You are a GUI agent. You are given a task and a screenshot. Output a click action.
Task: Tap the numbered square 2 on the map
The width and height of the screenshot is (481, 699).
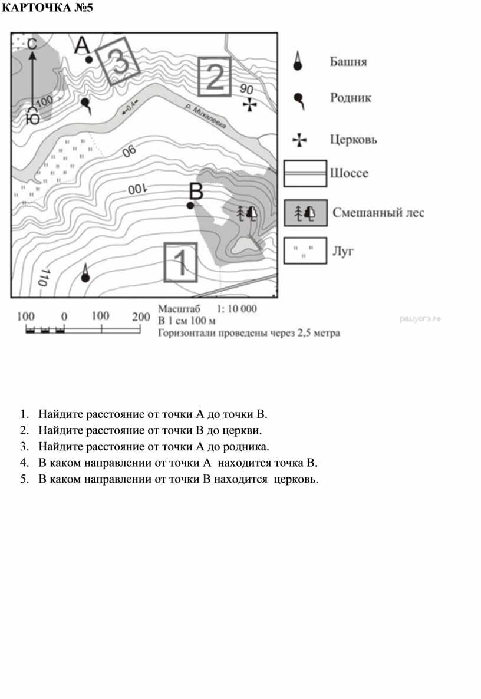coord(214,77)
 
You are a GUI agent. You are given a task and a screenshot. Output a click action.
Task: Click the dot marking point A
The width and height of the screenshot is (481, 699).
coord(88,60)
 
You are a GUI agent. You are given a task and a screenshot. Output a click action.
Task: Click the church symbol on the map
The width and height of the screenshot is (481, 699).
coord(250,105)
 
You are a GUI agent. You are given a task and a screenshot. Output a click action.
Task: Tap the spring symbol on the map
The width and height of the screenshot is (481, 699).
coord(86,104)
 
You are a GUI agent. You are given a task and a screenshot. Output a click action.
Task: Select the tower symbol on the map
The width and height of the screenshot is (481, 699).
coord(85,275)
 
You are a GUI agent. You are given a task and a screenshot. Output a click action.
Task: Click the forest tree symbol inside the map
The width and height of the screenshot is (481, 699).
coord(247,212)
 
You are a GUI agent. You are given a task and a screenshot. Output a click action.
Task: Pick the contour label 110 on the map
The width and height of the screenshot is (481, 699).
coord(42,278)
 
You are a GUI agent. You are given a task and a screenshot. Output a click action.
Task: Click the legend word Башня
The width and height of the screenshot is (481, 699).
coord(347,61)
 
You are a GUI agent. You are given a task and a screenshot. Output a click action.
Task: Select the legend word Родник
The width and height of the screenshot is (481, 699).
coord(350,98)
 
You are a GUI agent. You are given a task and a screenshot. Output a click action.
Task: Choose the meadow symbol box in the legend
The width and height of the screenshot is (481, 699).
coord(305,251)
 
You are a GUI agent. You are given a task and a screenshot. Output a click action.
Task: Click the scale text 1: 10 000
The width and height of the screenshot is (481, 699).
coord(238,308)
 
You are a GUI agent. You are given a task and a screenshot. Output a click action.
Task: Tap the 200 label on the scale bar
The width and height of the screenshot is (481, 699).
coord(141,316)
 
